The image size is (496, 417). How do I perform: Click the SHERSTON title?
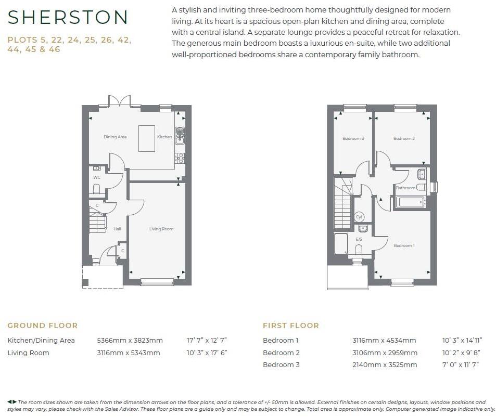(x=68, y=18)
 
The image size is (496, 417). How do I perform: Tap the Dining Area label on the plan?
(x=115, y=137)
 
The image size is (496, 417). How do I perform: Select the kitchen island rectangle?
(x=146, y=138)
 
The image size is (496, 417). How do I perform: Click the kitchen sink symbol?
(x=180, y=135)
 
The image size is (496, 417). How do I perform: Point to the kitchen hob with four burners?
(x=180, y=158)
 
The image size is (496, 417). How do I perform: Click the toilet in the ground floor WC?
(x=96, y=189)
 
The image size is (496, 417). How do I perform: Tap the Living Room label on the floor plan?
(x=161, y=229)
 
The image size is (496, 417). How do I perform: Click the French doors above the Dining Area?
(x=119, y=101)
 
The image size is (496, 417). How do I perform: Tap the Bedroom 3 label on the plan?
(x=353, y=138)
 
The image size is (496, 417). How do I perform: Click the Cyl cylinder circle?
(x=359, y=217)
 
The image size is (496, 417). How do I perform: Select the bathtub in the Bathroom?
(x=411, y=202)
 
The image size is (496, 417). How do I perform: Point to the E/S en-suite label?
(x=359, y=239)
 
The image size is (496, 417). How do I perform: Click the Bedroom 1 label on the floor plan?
(x=404, y=245)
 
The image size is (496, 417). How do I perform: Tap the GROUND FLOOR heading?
(x=42, y=325)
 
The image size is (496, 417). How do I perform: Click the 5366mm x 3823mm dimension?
(x=130, y=341)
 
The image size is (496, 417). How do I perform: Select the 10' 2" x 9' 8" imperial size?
(x=460, y=353)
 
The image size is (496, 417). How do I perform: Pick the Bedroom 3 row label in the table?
(x=281, y=364)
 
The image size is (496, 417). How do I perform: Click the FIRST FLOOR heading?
(x=290, y=325)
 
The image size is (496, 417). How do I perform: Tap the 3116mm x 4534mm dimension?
(x=384, y=341)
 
